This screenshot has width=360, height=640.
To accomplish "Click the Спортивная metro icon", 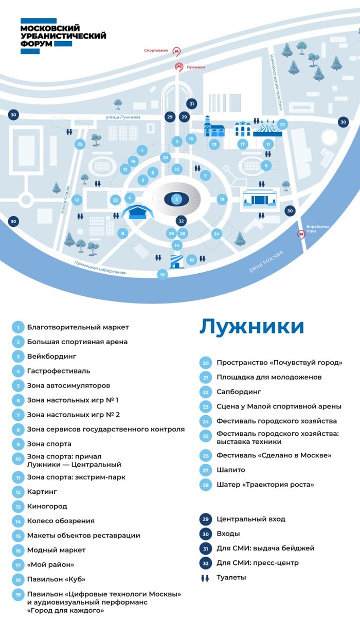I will [x=177, y=51].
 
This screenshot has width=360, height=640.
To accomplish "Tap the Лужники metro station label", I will [x=195, y=67].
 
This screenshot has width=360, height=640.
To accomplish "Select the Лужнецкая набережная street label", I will [x=99, y=267].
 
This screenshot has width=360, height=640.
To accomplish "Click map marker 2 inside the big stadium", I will [x=176, y=199].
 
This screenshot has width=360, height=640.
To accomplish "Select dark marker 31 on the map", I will [x=192, y=104].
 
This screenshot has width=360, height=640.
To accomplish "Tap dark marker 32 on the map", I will [x=181, y=221].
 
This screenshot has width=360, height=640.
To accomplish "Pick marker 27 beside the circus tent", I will [x=282, y=124].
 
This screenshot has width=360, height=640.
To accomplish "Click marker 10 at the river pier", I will [x=163, y=275].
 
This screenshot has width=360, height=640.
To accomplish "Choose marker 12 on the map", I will [x=77, y=200].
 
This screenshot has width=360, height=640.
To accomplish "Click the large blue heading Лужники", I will [x=251, y=327].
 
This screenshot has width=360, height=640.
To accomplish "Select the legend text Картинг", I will [x=43, y=491].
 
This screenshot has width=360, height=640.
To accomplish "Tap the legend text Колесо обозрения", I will [x=61, y=521].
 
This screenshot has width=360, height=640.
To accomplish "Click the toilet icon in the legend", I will [x=205, y=577].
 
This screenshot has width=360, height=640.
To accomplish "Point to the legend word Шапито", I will [x=230, y=470].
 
